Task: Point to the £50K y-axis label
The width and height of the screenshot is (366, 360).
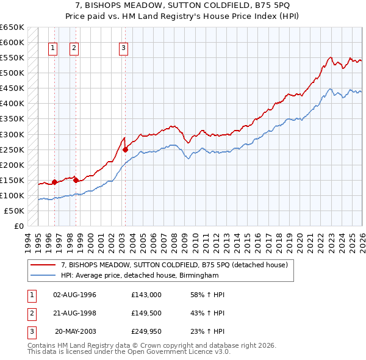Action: pos(14,211)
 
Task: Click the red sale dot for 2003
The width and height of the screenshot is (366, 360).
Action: pos(125,149)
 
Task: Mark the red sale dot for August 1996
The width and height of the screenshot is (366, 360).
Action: pos(54,182)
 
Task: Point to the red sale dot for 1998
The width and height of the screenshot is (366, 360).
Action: pos(76,180)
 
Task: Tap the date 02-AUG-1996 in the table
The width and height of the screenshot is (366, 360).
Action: pos(74,295)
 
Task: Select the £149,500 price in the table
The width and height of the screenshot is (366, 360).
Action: pos(146,313)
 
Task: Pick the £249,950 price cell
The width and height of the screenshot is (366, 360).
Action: pos(146,331)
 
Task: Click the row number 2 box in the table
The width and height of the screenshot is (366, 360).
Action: pos(31,313)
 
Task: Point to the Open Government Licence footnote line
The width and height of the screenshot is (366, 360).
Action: pos(129,351)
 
